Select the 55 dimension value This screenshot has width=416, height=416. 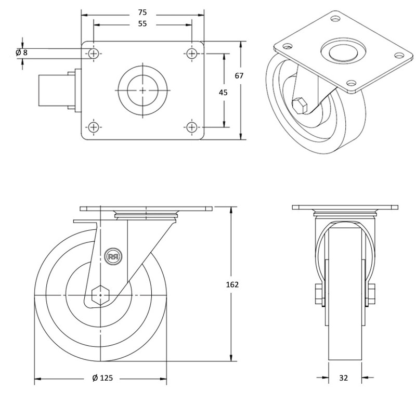point(142,24)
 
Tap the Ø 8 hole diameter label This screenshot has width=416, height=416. point(21,53)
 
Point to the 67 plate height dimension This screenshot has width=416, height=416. point(239,75)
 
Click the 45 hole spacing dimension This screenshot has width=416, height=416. point(223,93)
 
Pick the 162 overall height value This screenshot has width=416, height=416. point(232,284)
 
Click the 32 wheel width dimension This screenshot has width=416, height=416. point(343,378)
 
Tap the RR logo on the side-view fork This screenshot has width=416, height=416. point(113,256)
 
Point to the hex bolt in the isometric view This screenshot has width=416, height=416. point(300,105)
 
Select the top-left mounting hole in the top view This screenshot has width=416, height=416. point(94,54)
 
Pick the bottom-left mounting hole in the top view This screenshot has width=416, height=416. point(94,126)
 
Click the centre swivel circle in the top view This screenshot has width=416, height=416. point(142,90)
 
